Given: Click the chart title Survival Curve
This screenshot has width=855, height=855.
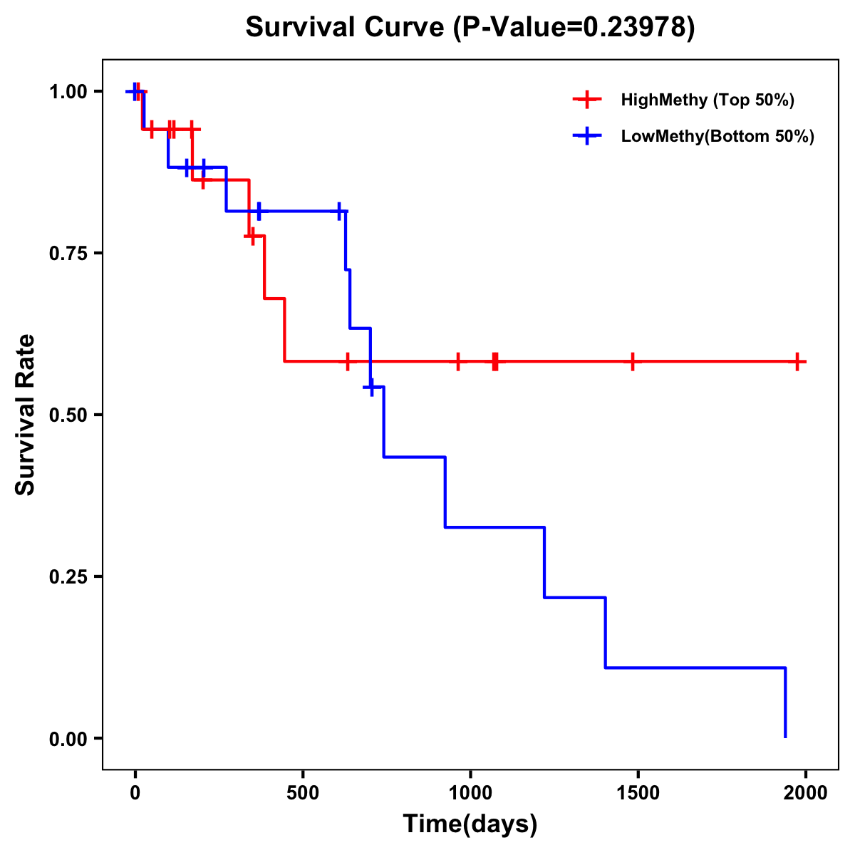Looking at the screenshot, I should tap(346, 28).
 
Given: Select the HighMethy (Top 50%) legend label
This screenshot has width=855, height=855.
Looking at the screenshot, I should tap(707, 100).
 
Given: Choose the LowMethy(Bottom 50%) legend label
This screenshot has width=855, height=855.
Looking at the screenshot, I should tap(717, 136).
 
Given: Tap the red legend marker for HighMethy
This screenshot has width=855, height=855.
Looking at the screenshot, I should tap(586, 100).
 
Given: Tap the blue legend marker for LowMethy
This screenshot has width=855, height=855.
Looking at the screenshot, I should tap(586, 136).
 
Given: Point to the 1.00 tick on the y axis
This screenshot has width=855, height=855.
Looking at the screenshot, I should tap(68, 92).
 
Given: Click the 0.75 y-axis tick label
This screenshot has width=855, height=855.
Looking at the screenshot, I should tap(68, 254).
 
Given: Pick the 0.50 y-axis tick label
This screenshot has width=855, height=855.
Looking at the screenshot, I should tap(68, 415).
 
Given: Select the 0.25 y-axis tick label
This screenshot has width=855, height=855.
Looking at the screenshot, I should tap(68, 577).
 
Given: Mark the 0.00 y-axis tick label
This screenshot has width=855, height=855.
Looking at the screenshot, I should tap(68, 739).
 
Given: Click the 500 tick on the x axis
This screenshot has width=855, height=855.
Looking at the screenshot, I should tap(303, 793).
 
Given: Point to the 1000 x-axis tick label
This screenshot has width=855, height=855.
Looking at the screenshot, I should tap(470, 793).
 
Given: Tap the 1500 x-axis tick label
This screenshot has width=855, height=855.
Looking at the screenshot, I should tap(638, 793).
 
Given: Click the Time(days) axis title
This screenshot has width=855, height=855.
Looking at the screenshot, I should tap(470, 824).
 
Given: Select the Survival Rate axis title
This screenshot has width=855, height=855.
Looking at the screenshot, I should tap(26, 415).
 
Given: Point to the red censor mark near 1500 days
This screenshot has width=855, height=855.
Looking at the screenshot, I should tap(632, 361).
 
